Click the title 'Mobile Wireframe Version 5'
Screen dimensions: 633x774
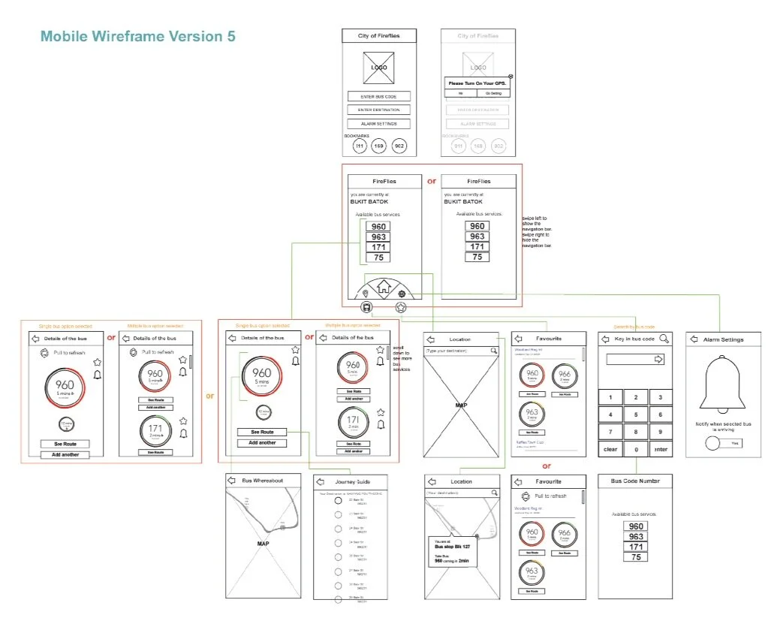pos(137,36)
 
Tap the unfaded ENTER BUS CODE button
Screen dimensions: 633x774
pos(379,97)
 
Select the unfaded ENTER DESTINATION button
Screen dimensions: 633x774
pos(379,110)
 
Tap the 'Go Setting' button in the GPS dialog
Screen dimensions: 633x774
pos(493,93)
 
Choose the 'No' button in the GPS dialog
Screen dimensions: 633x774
pos(460,93)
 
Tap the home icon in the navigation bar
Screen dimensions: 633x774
pos(384,285)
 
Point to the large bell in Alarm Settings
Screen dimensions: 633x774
pos(723,383)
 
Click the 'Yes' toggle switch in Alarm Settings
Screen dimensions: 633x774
pos(723,444)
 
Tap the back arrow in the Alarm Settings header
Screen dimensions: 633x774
pos(694,339)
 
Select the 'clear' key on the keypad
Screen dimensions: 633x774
pos(610,450)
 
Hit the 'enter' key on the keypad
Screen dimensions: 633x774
pos(660,450)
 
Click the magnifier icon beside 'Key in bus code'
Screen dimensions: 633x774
pos(664,339)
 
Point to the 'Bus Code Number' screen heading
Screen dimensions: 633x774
pos(635,481)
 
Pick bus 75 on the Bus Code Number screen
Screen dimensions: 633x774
pos(635,557)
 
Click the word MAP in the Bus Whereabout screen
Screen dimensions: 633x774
pos(263,544)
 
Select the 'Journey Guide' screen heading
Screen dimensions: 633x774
pos(352,481)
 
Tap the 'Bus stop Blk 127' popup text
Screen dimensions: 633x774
pos(452,547)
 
